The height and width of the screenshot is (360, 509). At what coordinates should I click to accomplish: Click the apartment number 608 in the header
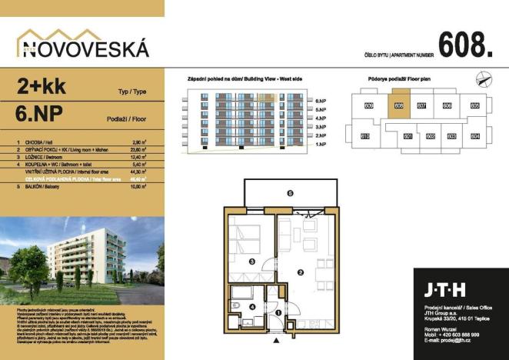coord(464,45)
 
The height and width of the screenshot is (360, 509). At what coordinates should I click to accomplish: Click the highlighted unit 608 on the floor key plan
coord(398,106)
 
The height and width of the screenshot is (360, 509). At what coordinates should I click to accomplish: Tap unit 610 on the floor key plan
coord(366,136)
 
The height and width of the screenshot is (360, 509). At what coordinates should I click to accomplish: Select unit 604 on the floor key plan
coord(474,136)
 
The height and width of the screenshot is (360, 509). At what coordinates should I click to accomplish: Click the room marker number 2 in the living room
coord(301,272)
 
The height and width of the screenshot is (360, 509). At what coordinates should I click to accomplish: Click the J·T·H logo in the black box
coord(443,291)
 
